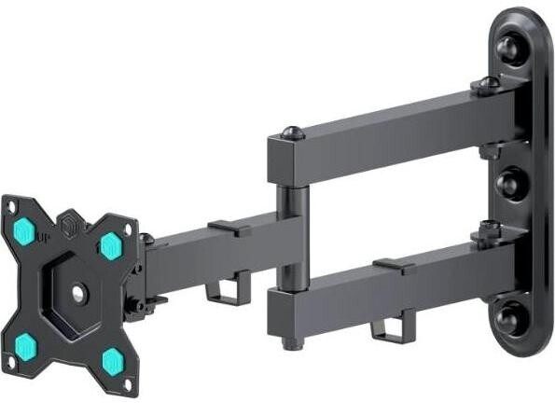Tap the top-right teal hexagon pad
click(111, 245)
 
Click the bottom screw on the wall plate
click(508, 318)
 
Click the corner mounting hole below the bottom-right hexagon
click(128, 385)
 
